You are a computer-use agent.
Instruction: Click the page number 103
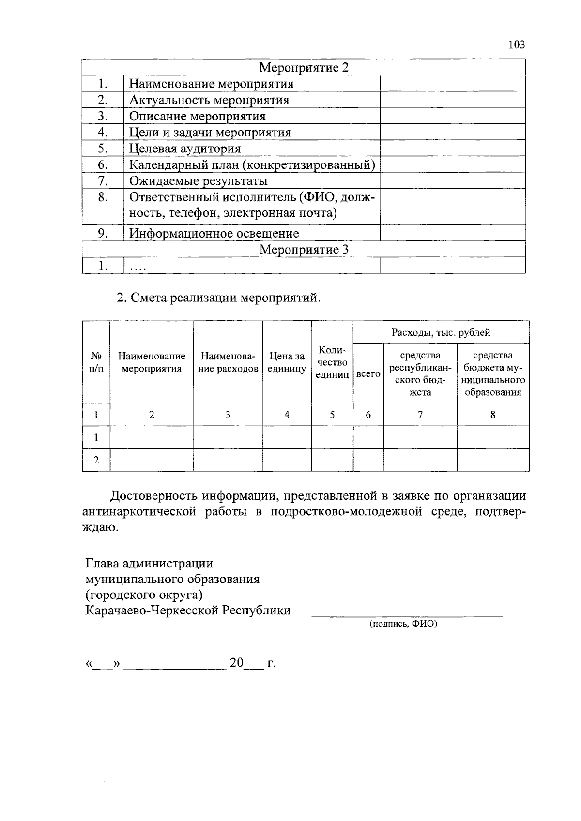point(517,45)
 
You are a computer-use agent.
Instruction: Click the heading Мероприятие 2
point(304,67)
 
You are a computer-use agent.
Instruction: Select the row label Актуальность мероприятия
point(209,100)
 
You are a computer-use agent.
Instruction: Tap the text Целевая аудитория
point(185,149)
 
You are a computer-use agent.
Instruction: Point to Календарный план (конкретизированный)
point(252,165)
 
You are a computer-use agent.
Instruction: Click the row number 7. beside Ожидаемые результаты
point(102,181)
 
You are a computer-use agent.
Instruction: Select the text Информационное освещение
point(214,234)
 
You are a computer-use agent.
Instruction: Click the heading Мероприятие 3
point(304,250)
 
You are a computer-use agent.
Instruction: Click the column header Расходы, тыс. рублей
point(441,332)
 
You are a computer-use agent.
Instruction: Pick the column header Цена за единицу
point(287,362)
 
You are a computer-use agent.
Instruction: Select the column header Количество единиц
point(332,362)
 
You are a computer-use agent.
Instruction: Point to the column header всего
point(368,374)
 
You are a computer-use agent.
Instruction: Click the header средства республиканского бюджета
point(420,374)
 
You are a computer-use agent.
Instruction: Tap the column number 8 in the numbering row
point(493,415)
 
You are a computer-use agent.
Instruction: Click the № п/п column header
point(96,362)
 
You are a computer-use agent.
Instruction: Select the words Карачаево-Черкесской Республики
point(188,611)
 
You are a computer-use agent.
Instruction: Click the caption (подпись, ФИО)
point(403,624)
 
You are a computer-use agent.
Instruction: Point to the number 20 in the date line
point(236,663)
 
